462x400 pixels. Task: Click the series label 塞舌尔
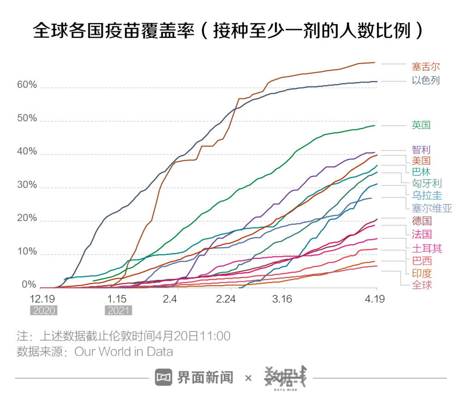point(426,67)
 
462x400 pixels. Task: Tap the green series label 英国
point(421,125)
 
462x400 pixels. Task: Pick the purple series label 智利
point(421,149)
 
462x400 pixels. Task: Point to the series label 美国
point(421,161)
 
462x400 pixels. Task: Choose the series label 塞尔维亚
point(432,208)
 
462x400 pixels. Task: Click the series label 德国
point(421,221)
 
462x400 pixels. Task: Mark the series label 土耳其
point(427,249)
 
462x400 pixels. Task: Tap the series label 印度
point(421,273)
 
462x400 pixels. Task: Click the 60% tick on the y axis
point(27,85)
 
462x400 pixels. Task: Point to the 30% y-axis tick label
point(27,185)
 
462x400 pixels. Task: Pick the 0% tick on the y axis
point(29,285)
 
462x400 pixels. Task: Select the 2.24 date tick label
point(226,299)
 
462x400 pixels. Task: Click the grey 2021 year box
point(119,310)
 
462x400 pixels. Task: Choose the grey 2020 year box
point(44,310)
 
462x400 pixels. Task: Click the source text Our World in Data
point(124,352)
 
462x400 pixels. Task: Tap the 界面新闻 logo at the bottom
point(194,378)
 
